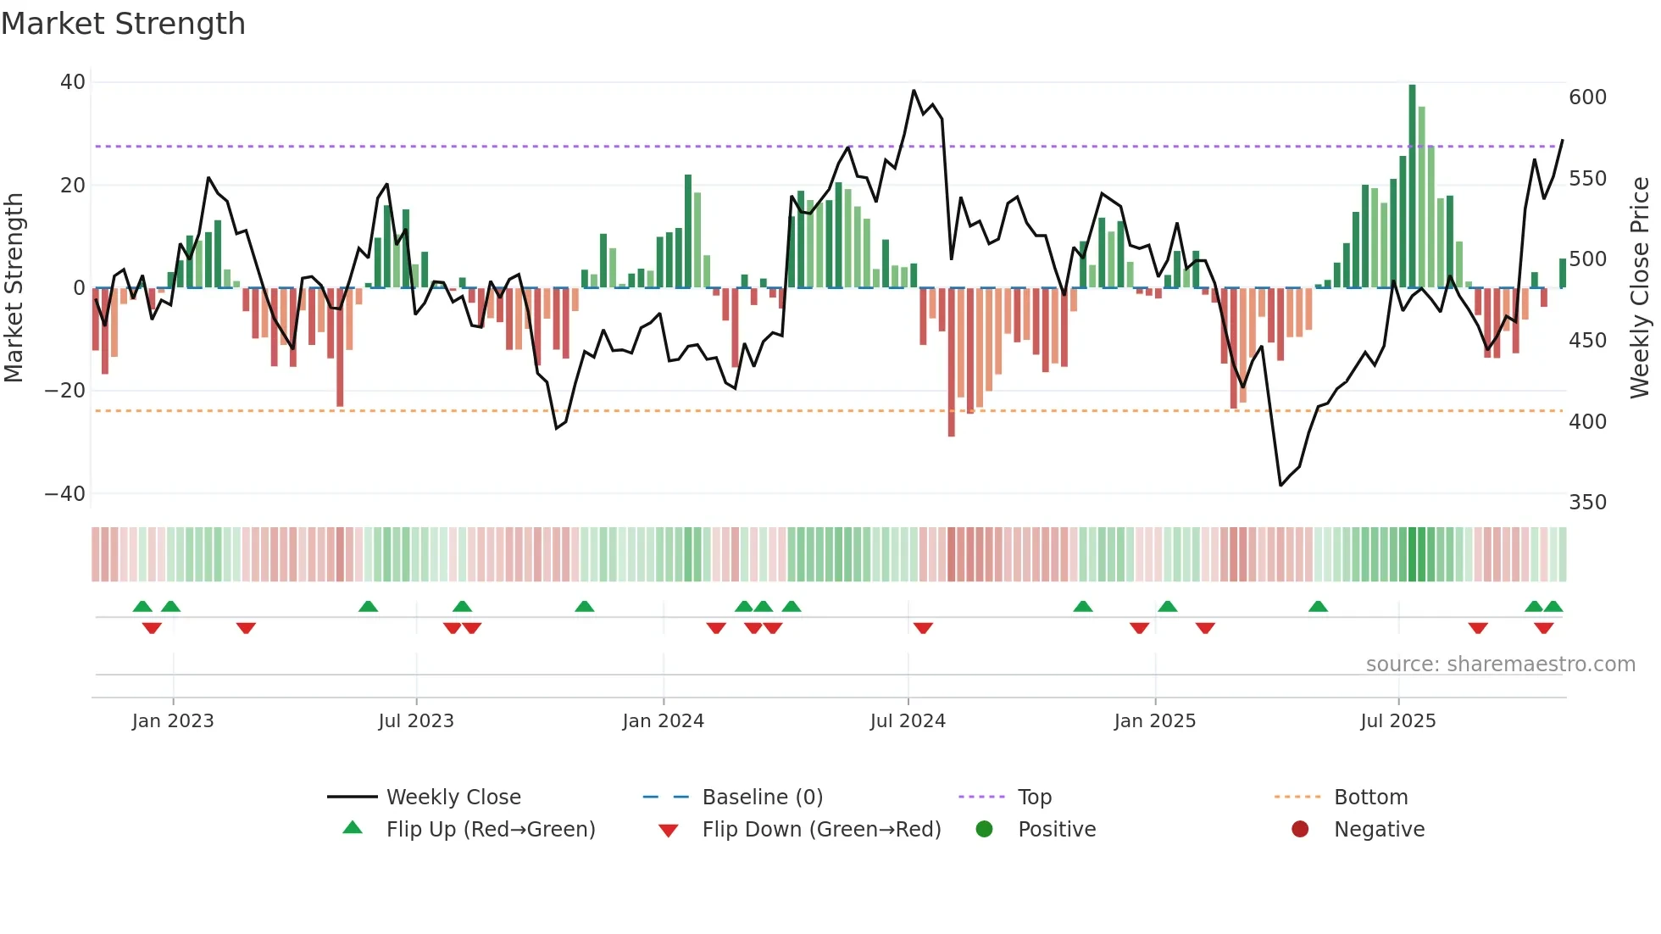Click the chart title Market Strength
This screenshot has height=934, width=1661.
(123, 24)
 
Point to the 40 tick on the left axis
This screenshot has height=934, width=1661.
(73, 82)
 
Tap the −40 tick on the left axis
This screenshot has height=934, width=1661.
(65, 493)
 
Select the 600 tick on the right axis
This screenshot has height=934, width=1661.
(1587, 97)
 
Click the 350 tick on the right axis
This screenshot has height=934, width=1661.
(1587, 502)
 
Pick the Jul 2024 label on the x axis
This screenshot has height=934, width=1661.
(908, 721)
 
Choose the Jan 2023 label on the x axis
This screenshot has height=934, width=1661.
(173, 721)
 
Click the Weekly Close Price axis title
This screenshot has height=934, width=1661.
(1640, 287)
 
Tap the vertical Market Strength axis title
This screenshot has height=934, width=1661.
(14, 287)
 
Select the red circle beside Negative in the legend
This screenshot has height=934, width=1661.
(1300, 829)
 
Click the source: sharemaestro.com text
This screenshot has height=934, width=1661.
(1500, 664)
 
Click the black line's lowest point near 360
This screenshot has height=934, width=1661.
(1280, 485)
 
